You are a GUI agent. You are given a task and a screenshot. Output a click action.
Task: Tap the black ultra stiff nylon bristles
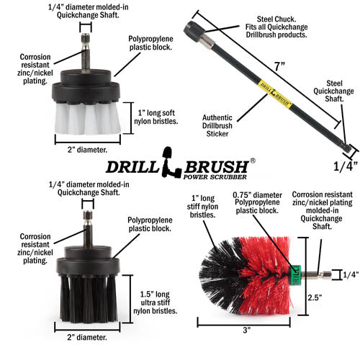click(89, 299)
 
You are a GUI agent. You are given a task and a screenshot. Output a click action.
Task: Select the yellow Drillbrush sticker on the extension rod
click(275, 94)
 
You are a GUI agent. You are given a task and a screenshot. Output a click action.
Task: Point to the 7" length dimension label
click(279, 66)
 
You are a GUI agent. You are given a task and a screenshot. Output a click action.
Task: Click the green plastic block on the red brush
click(296, 275)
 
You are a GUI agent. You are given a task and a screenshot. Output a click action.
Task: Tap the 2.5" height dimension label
click(315, 297)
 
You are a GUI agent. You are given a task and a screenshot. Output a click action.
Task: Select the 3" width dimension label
click(246, 330)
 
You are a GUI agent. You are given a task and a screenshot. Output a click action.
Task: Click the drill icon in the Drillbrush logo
click(171, 163)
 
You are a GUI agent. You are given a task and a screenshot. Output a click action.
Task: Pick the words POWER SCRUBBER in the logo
click(215, 177)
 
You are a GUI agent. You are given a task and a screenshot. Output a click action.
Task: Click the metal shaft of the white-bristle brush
click(86, 53)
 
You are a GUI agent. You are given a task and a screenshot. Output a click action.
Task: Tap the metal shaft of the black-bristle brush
click(88, 229)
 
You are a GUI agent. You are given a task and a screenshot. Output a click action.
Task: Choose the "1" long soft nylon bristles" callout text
click(156, 117)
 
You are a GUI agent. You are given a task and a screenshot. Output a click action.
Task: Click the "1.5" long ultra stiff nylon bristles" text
click(156, 302)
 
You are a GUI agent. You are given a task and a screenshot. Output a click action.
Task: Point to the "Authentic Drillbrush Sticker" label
click(217, 126)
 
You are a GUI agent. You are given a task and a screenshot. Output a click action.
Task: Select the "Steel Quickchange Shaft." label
click(333, 91)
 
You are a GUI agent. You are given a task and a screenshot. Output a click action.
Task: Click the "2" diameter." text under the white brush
click(87, 150)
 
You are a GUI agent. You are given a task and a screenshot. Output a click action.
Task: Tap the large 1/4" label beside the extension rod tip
click(346, 166)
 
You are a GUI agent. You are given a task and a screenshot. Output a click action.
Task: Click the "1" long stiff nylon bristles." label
click(202, 207)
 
